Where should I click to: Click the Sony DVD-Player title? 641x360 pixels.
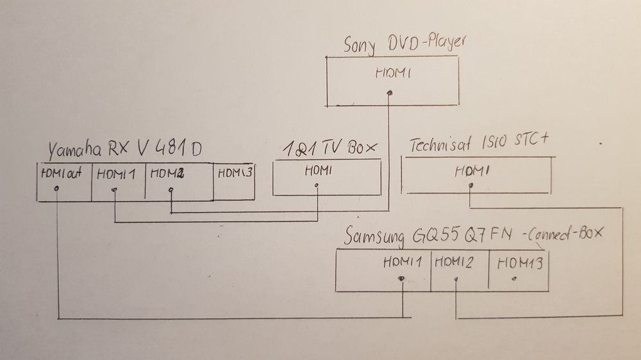coord(404,45)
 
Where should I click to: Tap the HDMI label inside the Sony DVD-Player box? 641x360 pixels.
coord(392,74)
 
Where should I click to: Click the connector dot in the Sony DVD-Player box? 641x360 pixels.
coord(390,93)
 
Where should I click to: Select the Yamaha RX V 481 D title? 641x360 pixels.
coord(124,151)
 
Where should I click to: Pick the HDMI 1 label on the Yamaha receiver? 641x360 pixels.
coord(117,174)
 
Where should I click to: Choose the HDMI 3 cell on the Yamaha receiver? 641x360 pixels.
coord(234,173)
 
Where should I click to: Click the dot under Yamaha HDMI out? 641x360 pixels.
coord(58,188)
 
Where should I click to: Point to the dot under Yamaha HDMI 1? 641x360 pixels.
coord(114,190)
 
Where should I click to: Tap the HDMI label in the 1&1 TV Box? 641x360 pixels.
coord(317,171)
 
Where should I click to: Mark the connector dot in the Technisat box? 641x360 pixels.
coord(471,186)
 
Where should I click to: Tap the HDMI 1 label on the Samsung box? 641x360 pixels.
coord(403,262)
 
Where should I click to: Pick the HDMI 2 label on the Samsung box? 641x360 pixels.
coord(456,262)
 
